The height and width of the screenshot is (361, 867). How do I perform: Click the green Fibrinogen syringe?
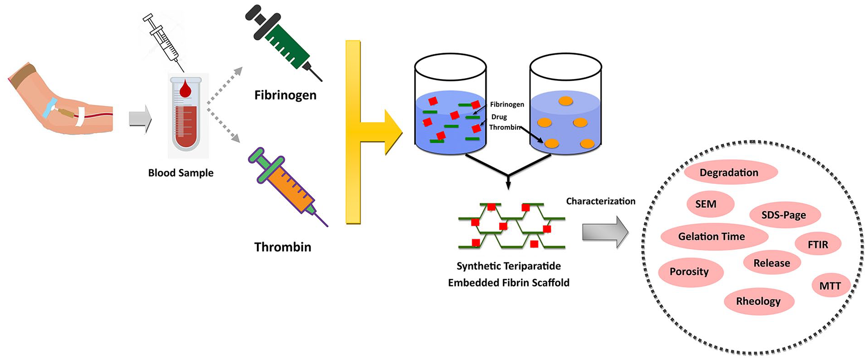(283, 42)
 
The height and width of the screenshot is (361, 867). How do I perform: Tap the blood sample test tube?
(185, 114)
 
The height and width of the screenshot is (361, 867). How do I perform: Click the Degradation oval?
(731, 173)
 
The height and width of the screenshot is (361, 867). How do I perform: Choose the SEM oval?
(710, 204)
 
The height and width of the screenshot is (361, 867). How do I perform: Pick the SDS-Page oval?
(784, 215)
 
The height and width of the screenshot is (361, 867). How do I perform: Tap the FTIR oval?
(818, 245)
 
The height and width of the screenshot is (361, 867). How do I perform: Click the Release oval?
(772, 263)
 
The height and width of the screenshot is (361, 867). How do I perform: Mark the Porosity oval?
(690, 272)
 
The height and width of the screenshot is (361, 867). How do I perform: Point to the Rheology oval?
(759, 301)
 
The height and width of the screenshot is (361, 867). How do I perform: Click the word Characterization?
(601, 201)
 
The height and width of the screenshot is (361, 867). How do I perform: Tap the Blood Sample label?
(181, 173)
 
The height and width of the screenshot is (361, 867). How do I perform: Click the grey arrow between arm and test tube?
(140, 119)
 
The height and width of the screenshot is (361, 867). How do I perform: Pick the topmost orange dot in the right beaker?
(566, 101)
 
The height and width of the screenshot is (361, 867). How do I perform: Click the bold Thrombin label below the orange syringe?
(283, 247)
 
